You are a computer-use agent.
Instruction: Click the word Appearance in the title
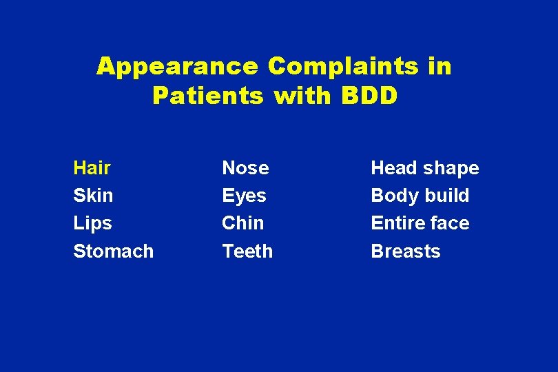[x=177, y=67]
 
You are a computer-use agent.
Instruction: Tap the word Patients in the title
[x=208, y=96]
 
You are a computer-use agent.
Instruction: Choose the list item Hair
[x=92, y=168]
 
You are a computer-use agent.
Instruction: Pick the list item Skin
[x=93, y=196]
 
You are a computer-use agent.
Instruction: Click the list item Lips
[x=92, y=223]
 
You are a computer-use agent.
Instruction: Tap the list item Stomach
[x=113, y=251]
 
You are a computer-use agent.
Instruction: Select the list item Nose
[x=245, y=168]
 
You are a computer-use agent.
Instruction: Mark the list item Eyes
[x=244, y=196]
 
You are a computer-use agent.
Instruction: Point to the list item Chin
[x=242, y=223]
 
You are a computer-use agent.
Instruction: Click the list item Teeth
[x=247, y=251]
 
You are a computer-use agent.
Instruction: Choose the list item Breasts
[x=406, y=251]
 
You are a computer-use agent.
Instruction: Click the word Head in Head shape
[x=394, y=168]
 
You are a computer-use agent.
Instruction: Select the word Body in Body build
[x=393, y=196]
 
